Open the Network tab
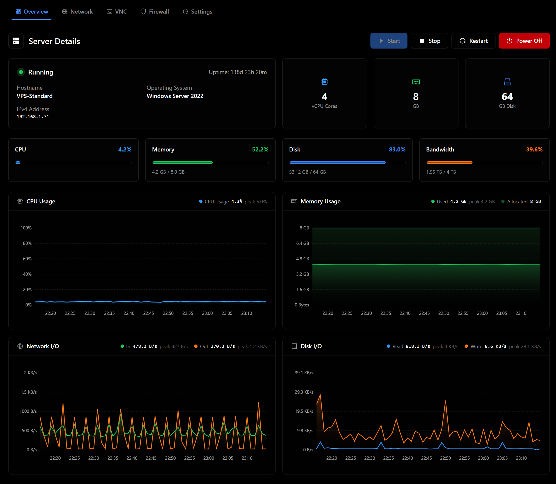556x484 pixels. pos(77,12)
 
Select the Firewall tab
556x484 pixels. pos(155,12)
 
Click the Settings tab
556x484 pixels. pos(198,12)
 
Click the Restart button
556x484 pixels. pos(473,41)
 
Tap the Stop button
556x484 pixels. pos(429,41)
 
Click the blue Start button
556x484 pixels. pos(389,41)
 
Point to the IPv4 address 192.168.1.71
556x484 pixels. pos(33,117)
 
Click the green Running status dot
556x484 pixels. pos(21,72)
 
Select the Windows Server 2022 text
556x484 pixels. pos(175,96)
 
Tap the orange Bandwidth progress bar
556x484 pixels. pos(449,163)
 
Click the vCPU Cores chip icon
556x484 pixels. pos(325,82)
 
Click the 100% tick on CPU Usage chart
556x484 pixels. pos(26,228)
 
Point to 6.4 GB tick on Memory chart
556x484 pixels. pos(302,243)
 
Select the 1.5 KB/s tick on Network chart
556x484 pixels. pos(29,392)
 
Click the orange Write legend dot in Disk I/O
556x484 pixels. pos(466,346)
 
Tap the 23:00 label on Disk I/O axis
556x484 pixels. pos(483,458)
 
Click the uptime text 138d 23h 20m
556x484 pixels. pos(249,72)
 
